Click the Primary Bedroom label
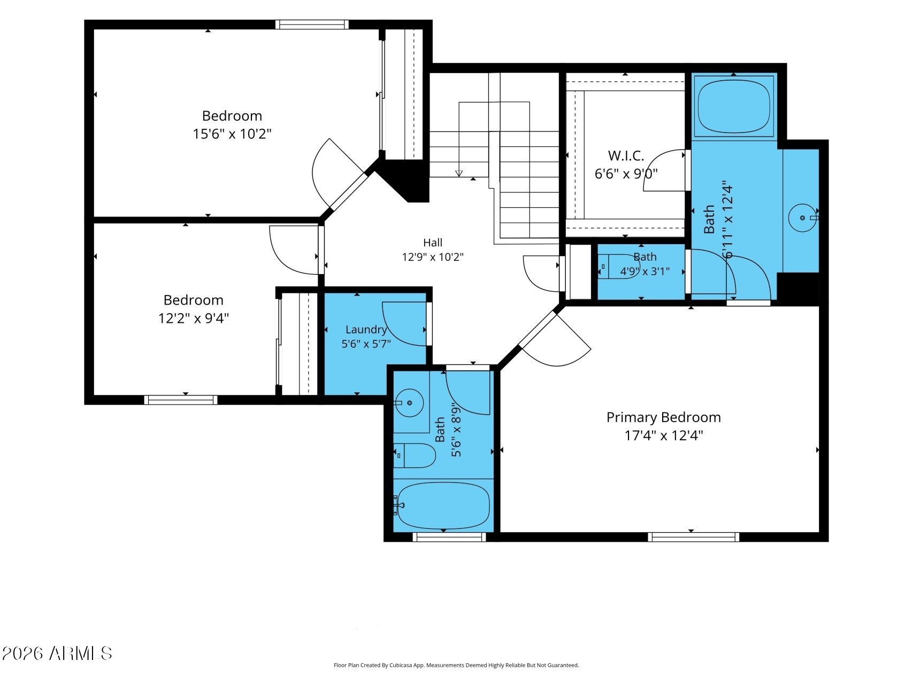663,417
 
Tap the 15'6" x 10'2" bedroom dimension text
232,134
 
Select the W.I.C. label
626,156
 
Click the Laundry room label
366,330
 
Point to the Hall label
433,243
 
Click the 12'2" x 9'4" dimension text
194,318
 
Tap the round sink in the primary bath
802,218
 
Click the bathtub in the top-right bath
734,107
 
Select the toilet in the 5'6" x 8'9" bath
415,455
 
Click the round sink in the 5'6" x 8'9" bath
409,402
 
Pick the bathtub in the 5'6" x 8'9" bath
443,505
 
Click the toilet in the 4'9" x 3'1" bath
618,266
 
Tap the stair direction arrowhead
459,173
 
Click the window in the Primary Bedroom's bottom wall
694,537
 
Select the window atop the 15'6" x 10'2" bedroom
312,25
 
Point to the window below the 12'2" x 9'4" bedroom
181,400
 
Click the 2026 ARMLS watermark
57,653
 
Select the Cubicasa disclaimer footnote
456,665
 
